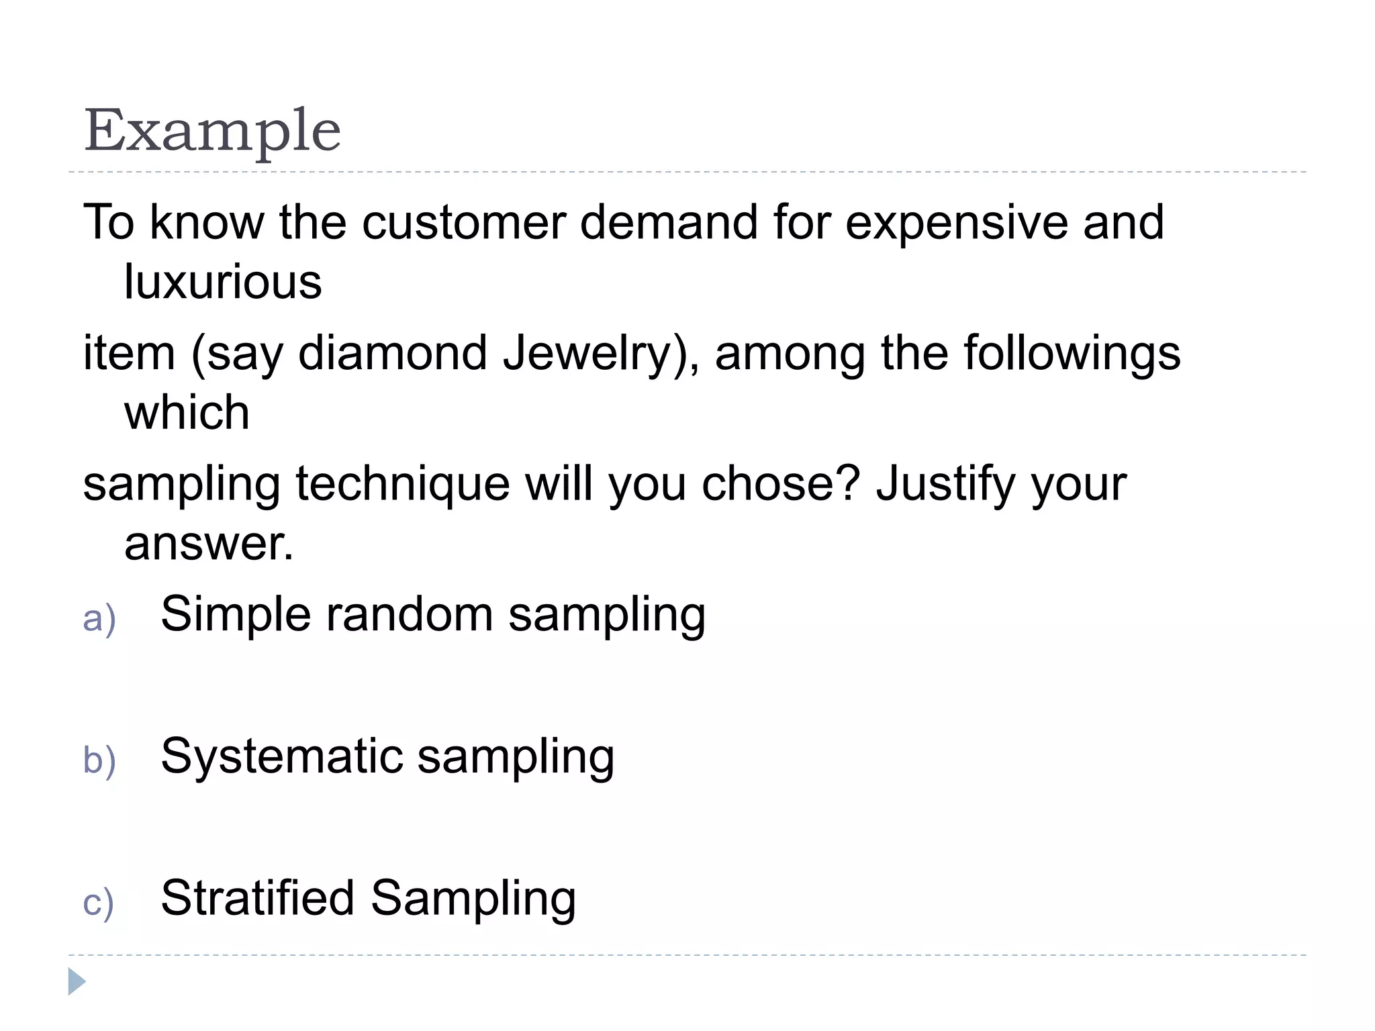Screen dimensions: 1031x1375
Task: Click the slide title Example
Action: (212, 131)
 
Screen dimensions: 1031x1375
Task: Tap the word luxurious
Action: (223, 281)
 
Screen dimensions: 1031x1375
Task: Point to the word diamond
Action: (393, 353)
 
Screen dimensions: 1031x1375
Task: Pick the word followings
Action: (1072, 353)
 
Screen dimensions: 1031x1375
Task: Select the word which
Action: (187, 412)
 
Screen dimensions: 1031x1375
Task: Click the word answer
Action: (208, 543)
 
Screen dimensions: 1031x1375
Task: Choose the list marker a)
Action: (99, 618)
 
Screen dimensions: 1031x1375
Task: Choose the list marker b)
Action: (99, 760)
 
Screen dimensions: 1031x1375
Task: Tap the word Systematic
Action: (282, 756)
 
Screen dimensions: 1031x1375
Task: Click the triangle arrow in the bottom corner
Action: (77, 981)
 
